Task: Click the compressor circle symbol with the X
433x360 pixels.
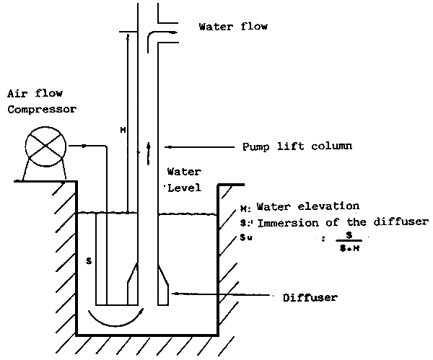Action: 46,146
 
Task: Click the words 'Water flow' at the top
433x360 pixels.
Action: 233,27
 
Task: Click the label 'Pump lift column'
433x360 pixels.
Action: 297,146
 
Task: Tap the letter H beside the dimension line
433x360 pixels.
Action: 123,130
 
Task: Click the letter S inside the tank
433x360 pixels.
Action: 89,259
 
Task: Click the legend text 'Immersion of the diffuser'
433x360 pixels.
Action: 342,221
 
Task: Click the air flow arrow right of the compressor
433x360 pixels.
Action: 85,146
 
